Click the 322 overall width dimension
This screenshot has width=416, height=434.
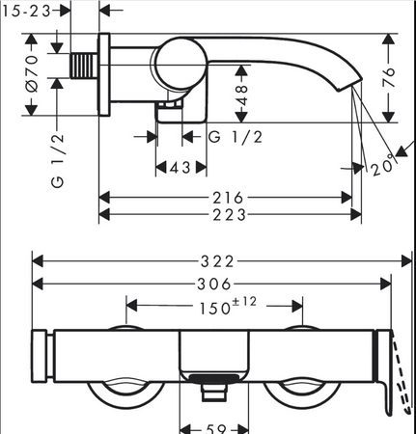pos(217,261)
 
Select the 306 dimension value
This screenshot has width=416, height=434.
pos(214,285)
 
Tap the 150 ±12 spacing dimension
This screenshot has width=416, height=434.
pos(228,306)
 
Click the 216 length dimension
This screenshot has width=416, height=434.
pos(228,198)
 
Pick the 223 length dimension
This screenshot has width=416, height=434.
pos(229,215)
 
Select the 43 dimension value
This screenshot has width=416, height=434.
pos(180,168)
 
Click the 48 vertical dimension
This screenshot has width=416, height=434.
pos(242,95)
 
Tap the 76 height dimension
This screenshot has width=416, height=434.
pos(389,77)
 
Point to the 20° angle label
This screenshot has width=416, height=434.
pos(383,165)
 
